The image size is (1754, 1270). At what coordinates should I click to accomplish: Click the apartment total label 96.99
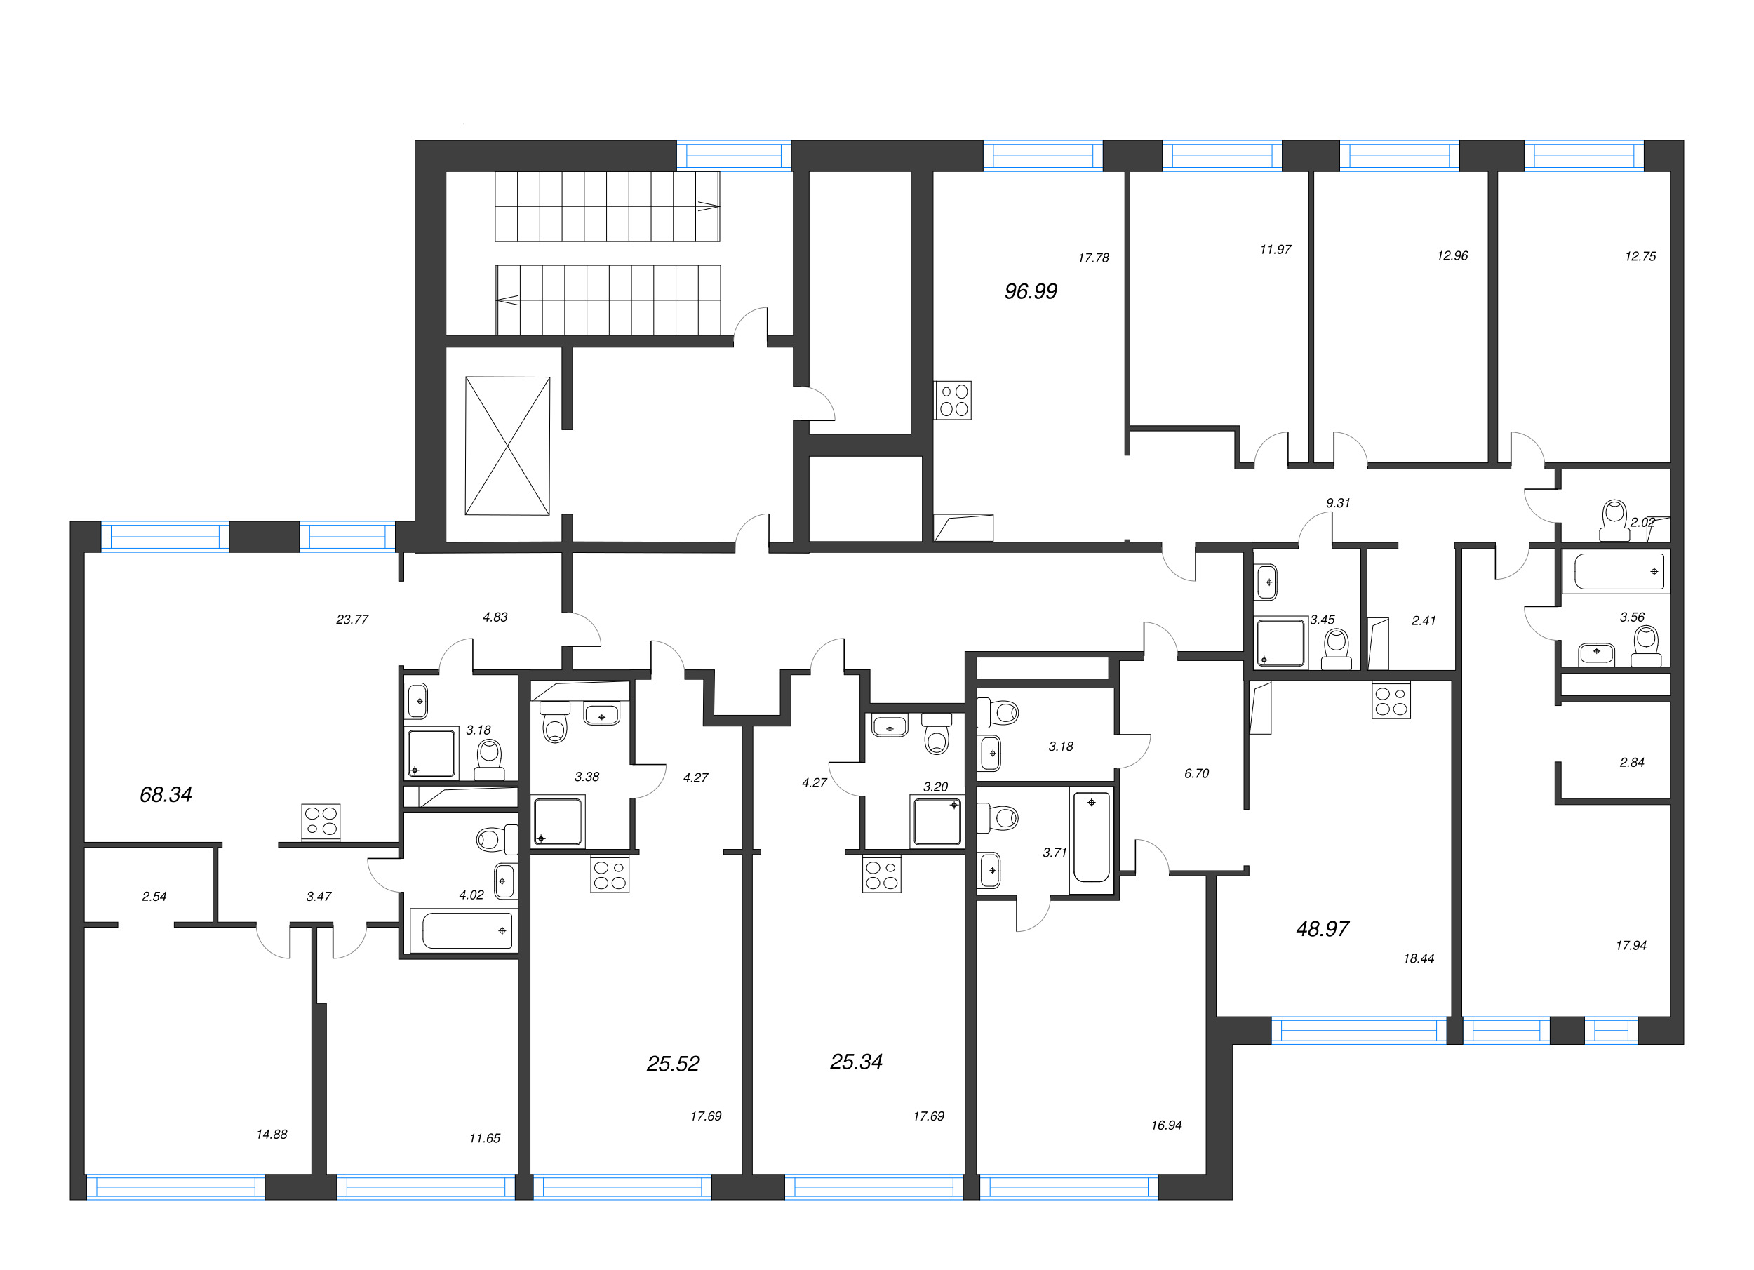(x=1030, y=292)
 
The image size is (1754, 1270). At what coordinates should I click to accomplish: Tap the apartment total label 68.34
(x=166, y=794)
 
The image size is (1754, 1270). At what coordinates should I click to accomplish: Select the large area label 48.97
(x=1322, y=929)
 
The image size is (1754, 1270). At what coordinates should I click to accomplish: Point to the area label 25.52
(x=673, y=1064)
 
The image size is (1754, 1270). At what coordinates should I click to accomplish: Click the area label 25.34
(x=855, y=1062)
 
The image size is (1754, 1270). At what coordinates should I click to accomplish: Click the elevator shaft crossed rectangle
(x=507, y=446)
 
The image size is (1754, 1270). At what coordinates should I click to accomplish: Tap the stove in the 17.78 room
(x=953, y=400)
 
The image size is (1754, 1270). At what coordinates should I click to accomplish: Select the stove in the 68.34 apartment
(x=320, y=822)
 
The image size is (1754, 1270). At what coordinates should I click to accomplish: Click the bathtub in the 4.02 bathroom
(x=461, y=930)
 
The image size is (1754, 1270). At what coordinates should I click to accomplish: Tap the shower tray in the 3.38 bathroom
(x=557, y=822)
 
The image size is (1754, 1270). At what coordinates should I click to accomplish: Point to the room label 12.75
(x=1640, y=256)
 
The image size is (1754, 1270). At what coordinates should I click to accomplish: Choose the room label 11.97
(x=1276, y=249)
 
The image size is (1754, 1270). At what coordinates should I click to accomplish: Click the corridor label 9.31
(x=1337, y=503)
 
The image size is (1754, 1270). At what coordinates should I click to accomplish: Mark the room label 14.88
(x=272, y=1134)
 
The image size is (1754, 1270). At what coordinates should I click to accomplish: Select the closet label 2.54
(x=154, y=897)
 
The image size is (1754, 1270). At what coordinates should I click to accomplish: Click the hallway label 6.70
(x=1196, y=773)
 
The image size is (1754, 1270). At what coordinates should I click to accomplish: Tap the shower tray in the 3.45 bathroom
(x=1280, y=642)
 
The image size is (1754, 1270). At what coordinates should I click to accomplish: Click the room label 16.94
(x=1165, y=1125)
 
